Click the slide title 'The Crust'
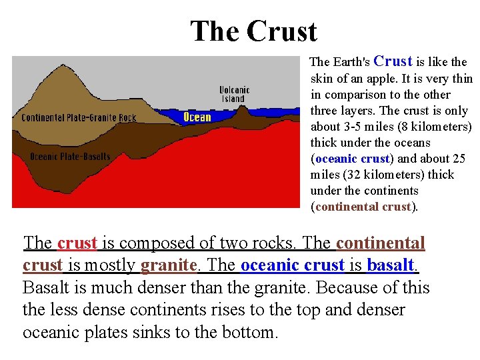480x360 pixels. [x=253, y=31]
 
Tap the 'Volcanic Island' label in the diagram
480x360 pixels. [x=234, y=95]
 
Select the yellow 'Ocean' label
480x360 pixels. [x=197, y=118]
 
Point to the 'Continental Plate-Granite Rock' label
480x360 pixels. [x=79, y=118]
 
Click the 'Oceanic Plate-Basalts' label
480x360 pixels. [x=70, y=157]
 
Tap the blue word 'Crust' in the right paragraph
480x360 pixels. [x=393, y=61]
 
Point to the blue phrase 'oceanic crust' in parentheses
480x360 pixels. [x=352, y=159]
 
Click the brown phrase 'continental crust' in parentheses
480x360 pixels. [x=363, y=207]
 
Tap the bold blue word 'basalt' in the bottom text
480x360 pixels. [x=390, y=265]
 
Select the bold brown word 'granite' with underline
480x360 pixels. [x=169, y=265]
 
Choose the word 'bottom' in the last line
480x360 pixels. [x=248, y=332]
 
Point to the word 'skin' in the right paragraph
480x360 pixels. [x=321, y=79]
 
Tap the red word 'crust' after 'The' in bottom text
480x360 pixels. [x=77, y=243]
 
